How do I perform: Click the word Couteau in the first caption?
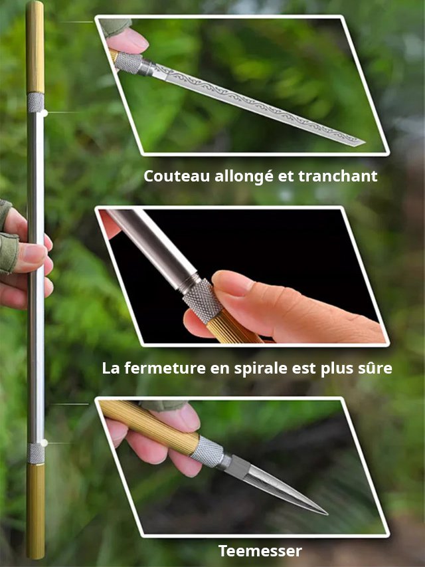coord(169,176)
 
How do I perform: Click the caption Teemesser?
coord(260,550)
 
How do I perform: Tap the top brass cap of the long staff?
coord(35,47)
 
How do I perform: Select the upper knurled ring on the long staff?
coord(36,102)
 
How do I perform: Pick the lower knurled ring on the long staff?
coord(36,453)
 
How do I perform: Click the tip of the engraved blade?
coord(363,142)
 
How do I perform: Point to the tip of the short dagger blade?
coord(326,513)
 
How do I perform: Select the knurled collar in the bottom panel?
coord(207,452)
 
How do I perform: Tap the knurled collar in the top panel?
coord(130,63)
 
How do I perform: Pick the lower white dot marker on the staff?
coord(44,442)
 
